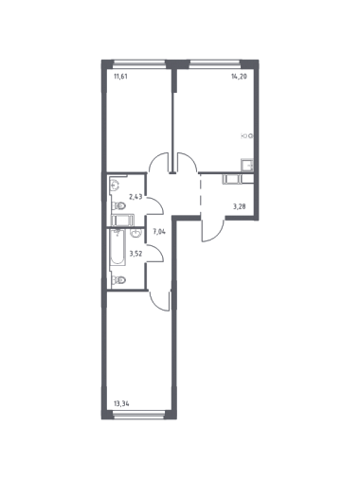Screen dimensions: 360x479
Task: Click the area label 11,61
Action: pyautogui.click(x=120, y=76)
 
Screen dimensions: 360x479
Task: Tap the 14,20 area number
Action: pyautogui.click(x=239, y=76)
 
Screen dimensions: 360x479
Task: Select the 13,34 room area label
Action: pyautogui.click(x=121, y=403)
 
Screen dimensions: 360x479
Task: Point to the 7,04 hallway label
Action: pyautogui.click(x=159, y=232)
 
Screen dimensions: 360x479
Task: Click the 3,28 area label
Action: pyautogui.click(x=240, y=206)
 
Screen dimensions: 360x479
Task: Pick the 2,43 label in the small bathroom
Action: pyautogui.click(x=135, y=197)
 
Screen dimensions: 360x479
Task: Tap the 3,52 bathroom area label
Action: pyautogui.click(x=135, y=253)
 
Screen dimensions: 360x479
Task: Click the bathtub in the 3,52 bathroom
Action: pyautogui.click(x=117, y=247)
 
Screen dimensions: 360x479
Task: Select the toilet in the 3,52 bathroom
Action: pyautogui.click(x=118, y=279)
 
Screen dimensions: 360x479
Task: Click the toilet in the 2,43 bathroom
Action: pyautogui.click(x=118, y=206)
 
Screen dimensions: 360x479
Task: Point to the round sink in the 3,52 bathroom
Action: pyautogui.click(x=135, y=233)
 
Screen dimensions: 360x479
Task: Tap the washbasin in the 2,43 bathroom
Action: pyautogui.click(x=115, y=185)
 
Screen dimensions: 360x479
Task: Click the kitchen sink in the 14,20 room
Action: pyautogui.click(x=247, y=165)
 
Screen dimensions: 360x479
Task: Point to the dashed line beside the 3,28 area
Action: pyautogui.click(x=201, y=195)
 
